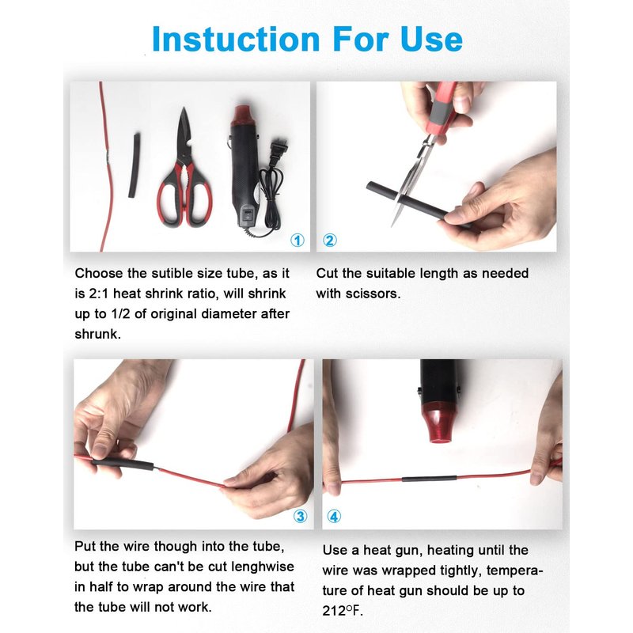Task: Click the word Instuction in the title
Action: (236, 39)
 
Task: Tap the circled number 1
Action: (298, 241)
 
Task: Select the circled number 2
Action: (329, 241)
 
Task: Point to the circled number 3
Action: (301, 517)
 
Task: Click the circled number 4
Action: (333, 517)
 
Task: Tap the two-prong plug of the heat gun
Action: (279, 149)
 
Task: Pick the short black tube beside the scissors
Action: (134, 165)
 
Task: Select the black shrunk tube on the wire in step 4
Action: (429, 479)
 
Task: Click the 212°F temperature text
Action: (342, 611)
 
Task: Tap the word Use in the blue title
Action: (431, 39)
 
